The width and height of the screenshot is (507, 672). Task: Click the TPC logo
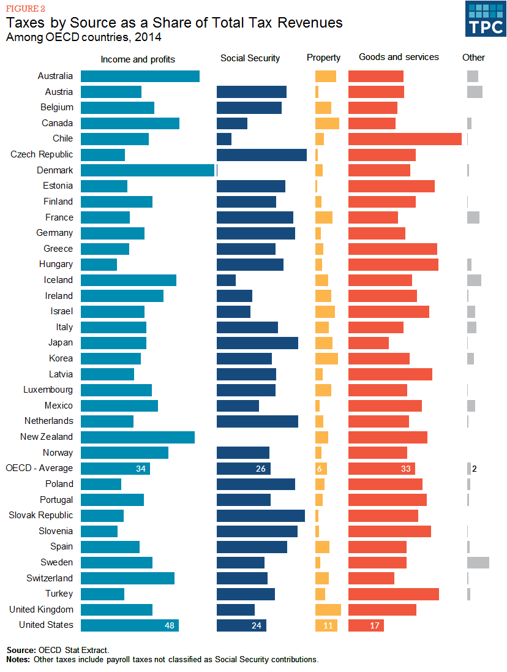(x=485, y=18)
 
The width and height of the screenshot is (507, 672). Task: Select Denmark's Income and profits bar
(x=148, y=170)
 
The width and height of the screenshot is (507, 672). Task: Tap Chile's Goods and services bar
(x=405, y=139)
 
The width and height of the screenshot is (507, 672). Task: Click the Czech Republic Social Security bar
(x=261, y=154)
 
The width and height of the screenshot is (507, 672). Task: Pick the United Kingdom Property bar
(x=328, y=610)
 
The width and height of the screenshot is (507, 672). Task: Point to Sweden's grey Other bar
(x=478, y=562)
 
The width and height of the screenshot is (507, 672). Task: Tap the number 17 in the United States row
(x=375, y=625)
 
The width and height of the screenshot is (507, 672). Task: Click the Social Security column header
(x=250, y=58)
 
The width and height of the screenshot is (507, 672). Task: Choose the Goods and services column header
(x=399, y=57)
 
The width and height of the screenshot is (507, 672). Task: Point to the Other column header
(x=473, y=58)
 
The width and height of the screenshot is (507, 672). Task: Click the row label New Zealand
(x=47, y=437)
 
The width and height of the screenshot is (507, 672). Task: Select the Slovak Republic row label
(x=40, y=515)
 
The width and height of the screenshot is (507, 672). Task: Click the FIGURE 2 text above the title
(x=26, y=9)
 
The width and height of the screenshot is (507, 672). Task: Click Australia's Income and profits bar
(x=140, y=76)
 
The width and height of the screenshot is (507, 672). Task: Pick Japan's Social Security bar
(x=257, y=342)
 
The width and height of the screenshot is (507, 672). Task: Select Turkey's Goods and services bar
(x=393, y=594)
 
